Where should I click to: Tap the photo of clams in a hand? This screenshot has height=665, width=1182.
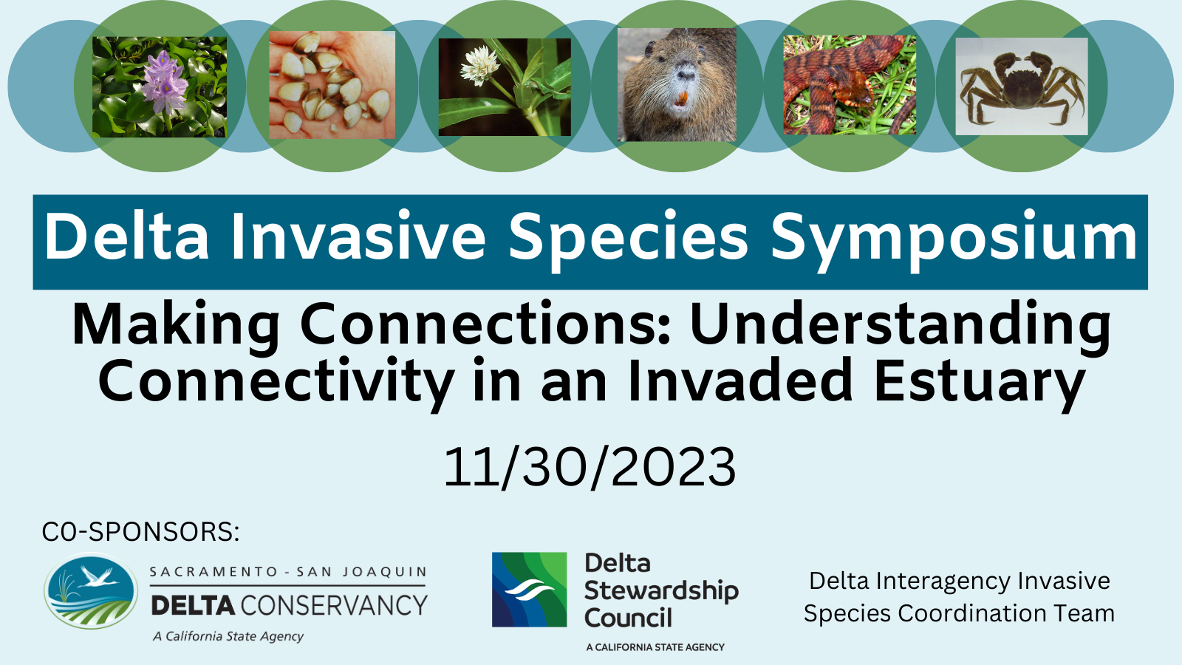click(332, 85)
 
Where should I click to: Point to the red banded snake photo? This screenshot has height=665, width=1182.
click(850, 85)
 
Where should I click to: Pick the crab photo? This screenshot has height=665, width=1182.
click(1022, 86)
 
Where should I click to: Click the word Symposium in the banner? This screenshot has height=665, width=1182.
click(954, 239)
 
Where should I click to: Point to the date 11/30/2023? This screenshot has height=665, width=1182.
click(590, 467)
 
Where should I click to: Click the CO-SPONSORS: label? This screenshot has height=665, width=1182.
click(140, 531)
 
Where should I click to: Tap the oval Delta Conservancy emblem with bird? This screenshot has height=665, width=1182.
click(92, 590)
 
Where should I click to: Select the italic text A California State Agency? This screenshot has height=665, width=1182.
click(228, 637)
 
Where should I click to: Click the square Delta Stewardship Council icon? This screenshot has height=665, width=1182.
click(529, 590)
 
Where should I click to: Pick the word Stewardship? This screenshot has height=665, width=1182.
click(661, 592)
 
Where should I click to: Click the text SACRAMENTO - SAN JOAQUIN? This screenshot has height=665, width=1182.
click(288, 572)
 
